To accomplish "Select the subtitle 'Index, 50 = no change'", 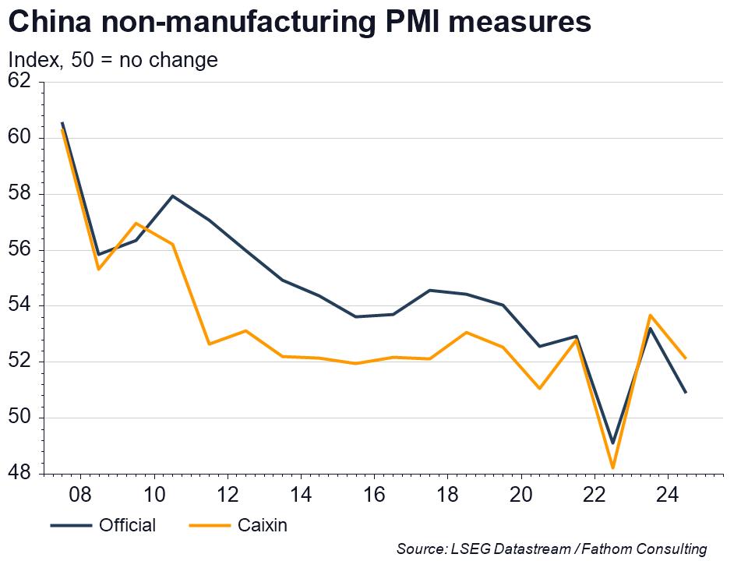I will coord(112,60).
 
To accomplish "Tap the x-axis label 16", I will coord(375,495).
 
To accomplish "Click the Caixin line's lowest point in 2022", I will coord(613,468).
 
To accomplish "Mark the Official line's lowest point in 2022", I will coord(613,443).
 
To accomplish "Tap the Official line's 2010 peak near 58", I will coord(172,196).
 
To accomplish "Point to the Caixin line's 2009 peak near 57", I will coord(136,224).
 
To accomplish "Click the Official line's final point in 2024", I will coord(686,393).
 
